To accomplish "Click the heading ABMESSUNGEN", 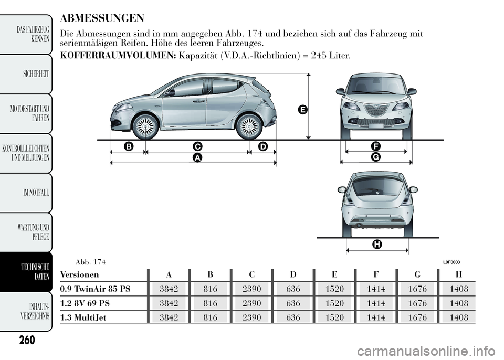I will tap(102, 19).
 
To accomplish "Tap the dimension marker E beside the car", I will tap(301, 109).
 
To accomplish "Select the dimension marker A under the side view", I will tap(197, 157).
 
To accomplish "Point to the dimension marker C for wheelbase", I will tap(197, 145).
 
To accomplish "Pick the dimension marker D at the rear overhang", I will tap(262, 145).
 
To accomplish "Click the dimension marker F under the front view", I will tap(376, 145).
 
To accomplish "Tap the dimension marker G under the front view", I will tap(376, 157).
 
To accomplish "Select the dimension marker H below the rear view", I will tap(376, 244).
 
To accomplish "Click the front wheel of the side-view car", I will tap(145, 126).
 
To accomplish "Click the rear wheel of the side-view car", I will tap(249, 126).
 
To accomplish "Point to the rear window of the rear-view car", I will tap(377, 186).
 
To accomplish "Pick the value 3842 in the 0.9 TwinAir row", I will tap(169, 289).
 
